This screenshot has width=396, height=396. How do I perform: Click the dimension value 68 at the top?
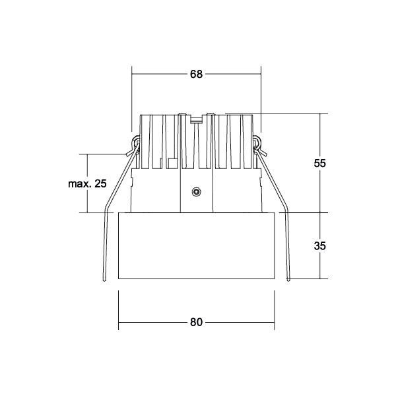(196, 74)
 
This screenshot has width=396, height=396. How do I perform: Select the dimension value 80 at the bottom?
(196, 322)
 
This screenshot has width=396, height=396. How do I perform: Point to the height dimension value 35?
(319, 246)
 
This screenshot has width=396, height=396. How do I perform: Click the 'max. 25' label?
(86, 183)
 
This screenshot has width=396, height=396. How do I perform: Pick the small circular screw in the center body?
(195, 192)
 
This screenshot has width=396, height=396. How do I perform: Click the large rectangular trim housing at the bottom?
(196, 246)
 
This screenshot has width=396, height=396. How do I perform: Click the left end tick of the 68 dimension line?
(132, 74)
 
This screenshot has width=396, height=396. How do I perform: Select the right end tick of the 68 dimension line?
(261, 74)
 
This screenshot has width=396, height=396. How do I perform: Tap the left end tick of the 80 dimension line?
(118, 322)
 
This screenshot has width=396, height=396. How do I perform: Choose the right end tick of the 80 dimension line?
(274, 322)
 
